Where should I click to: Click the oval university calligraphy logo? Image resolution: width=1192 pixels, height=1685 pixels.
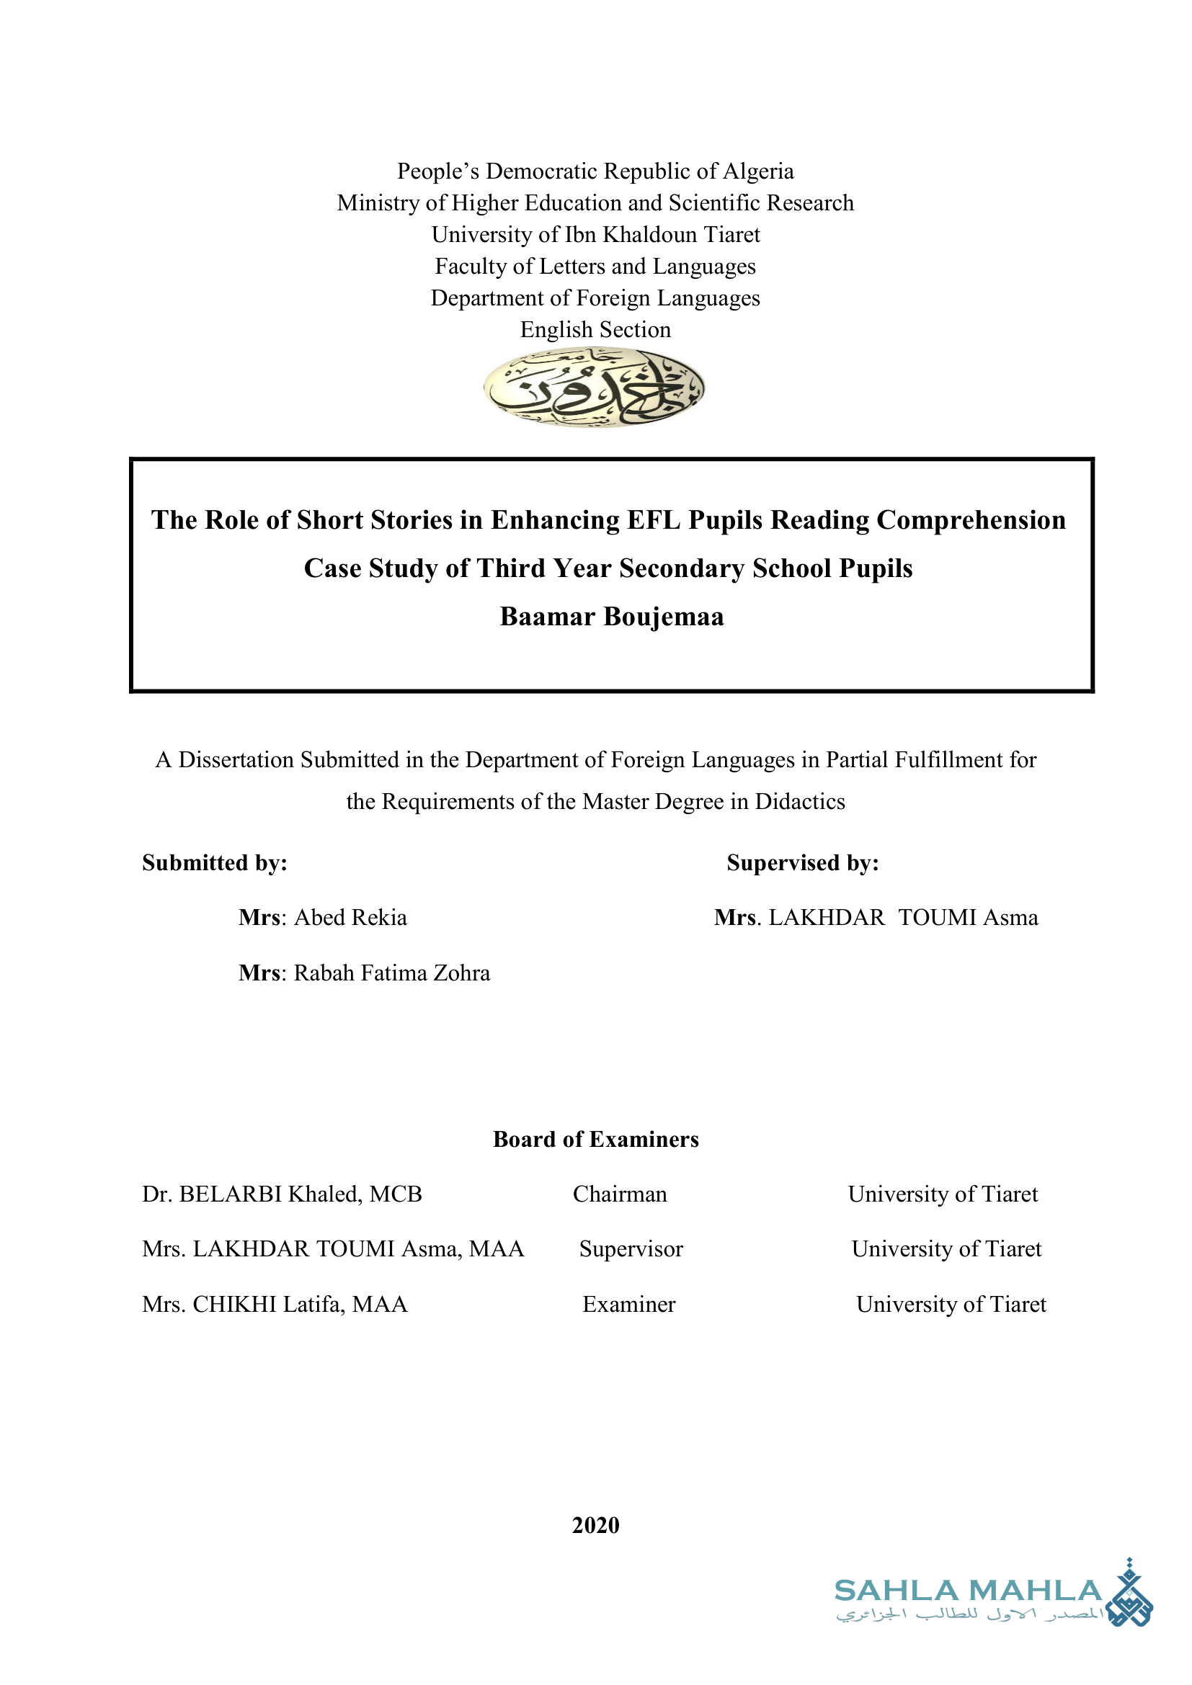click(x=594, y=387)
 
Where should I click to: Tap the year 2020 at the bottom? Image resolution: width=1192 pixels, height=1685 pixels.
click(x=595, y=1525)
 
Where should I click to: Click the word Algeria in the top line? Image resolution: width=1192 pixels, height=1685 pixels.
click(x=758, y=171)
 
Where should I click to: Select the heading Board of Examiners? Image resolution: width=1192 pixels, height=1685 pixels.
click(x=595, y=1139)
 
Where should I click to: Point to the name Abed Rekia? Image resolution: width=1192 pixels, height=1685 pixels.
click(x=350, y=917)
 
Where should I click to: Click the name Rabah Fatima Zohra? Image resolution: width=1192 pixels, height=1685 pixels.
click(x=392, y=973)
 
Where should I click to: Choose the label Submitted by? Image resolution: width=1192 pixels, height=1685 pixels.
click(x=214, y=862)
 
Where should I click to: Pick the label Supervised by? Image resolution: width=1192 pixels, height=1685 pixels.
click(x=802, y=862)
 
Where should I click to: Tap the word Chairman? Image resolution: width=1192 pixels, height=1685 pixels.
click(x=620, y=1194)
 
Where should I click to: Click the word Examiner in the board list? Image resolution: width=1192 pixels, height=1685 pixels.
click(x=628, y=1304)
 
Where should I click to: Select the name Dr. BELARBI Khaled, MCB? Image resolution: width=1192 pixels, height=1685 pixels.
click(x=282, y=1194)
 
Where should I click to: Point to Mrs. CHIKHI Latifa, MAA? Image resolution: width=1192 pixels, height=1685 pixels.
click(x=275, y=1304)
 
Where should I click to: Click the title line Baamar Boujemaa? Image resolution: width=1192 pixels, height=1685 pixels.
click(x=611, y=617)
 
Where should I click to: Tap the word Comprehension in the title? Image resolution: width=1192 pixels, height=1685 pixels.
click(x=970, y=519)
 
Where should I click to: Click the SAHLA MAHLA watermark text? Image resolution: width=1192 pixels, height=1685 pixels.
click(x=967, y=1591)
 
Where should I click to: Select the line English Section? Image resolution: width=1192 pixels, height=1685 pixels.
click(x=595, y=329)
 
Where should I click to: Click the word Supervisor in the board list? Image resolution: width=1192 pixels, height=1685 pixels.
click(x=631, y=1249)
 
